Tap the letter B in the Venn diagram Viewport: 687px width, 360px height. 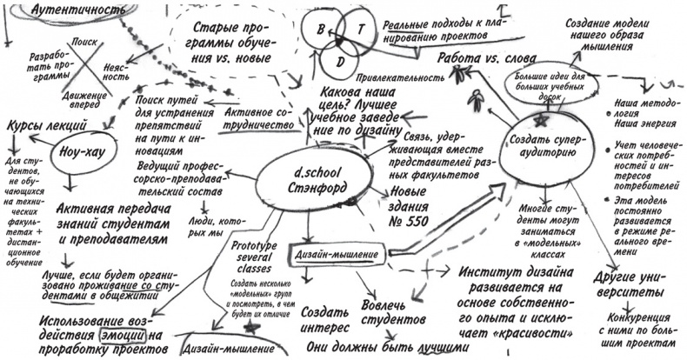click(x=321, y=30)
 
